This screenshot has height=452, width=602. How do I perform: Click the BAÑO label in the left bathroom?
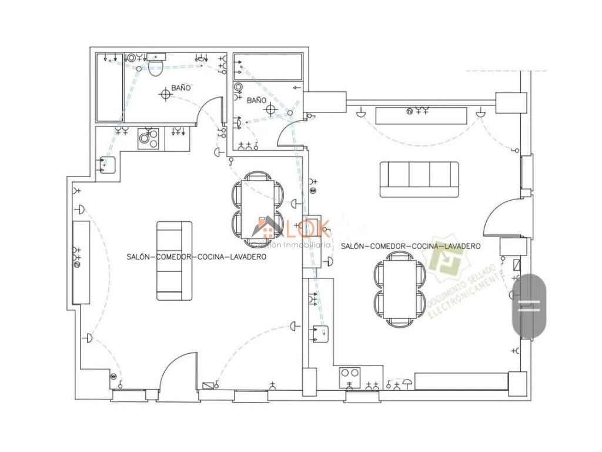pos(182,88)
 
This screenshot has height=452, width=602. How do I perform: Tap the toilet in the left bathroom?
pos(156,66)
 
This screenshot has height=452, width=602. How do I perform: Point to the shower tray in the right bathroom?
pos(268,67)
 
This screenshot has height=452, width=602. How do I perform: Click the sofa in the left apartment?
pos(174,261)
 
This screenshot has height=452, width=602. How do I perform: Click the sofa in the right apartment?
pos(419,179)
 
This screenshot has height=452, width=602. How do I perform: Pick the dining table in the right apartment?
pos(400,290)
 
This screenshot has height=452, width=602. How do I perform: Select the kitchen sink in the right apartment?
pos(320,334)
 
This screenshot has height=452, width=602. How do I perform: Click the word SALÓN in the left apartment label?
pos(139,257)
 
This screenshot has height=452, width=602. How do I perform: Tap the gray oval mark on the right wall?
pos(530,305)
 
